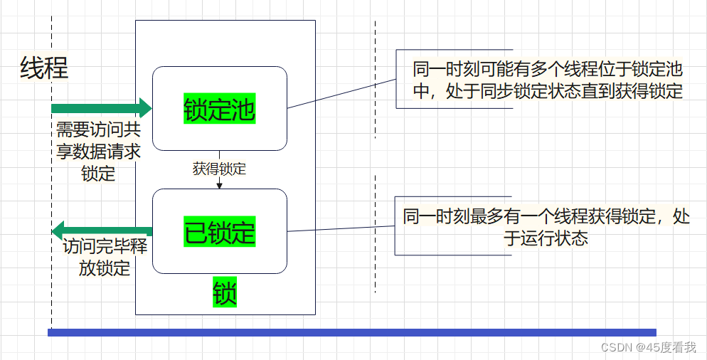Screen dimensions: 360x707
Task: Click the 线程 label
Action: pos(44,68)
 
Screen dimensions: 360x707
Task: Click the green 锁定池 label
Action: pos(219,109)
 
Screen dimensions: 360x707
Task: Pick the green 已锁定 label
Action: pos(219,233)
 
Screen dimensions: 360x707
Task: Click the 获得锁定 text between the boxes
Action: pos(219,169)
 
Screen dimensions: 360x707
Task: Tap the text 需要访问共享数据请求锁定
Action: pos(98,152)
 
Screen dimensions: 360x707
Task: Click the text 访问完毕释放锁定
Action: pos(105,257)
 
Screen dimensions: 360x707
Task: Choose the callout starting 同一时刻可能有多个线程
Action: pos(548,80)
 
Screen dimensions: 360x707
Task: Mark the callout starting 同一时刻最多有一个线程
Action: pos(546,227)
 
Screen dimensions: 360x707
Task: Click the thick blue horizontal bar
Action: pos(351,332)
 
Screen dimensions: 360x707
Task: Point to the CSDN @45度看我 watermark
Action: pos(648,347)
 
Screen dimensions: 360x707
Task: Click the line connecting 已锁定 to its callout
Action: pos(341,228)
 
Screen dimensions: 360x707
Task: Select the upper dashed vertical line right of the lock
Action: pos(375,78)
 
